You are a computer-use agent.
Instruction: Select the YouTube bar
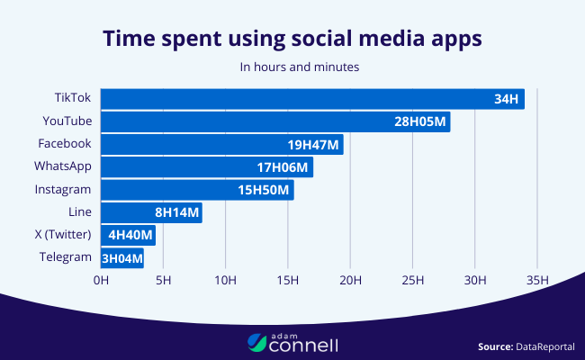(275, 121)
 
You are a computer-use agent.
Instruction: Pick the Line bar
(151, 212)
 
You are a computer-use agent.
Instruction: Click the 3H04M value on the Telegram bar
(121, 258)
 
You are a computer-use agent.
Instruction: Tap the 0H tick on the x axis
(101, 280)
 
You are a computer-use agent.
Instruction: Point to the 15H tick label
(288, 280)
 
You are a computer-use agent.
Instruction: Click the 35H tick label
(537, 280)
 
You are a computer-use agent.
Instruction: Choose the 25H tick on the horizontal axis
(412, 280)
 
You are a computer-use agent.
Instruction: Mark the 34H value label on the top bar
(505, 99)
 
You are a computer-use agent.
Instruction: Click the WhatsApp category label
(63, 166)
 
